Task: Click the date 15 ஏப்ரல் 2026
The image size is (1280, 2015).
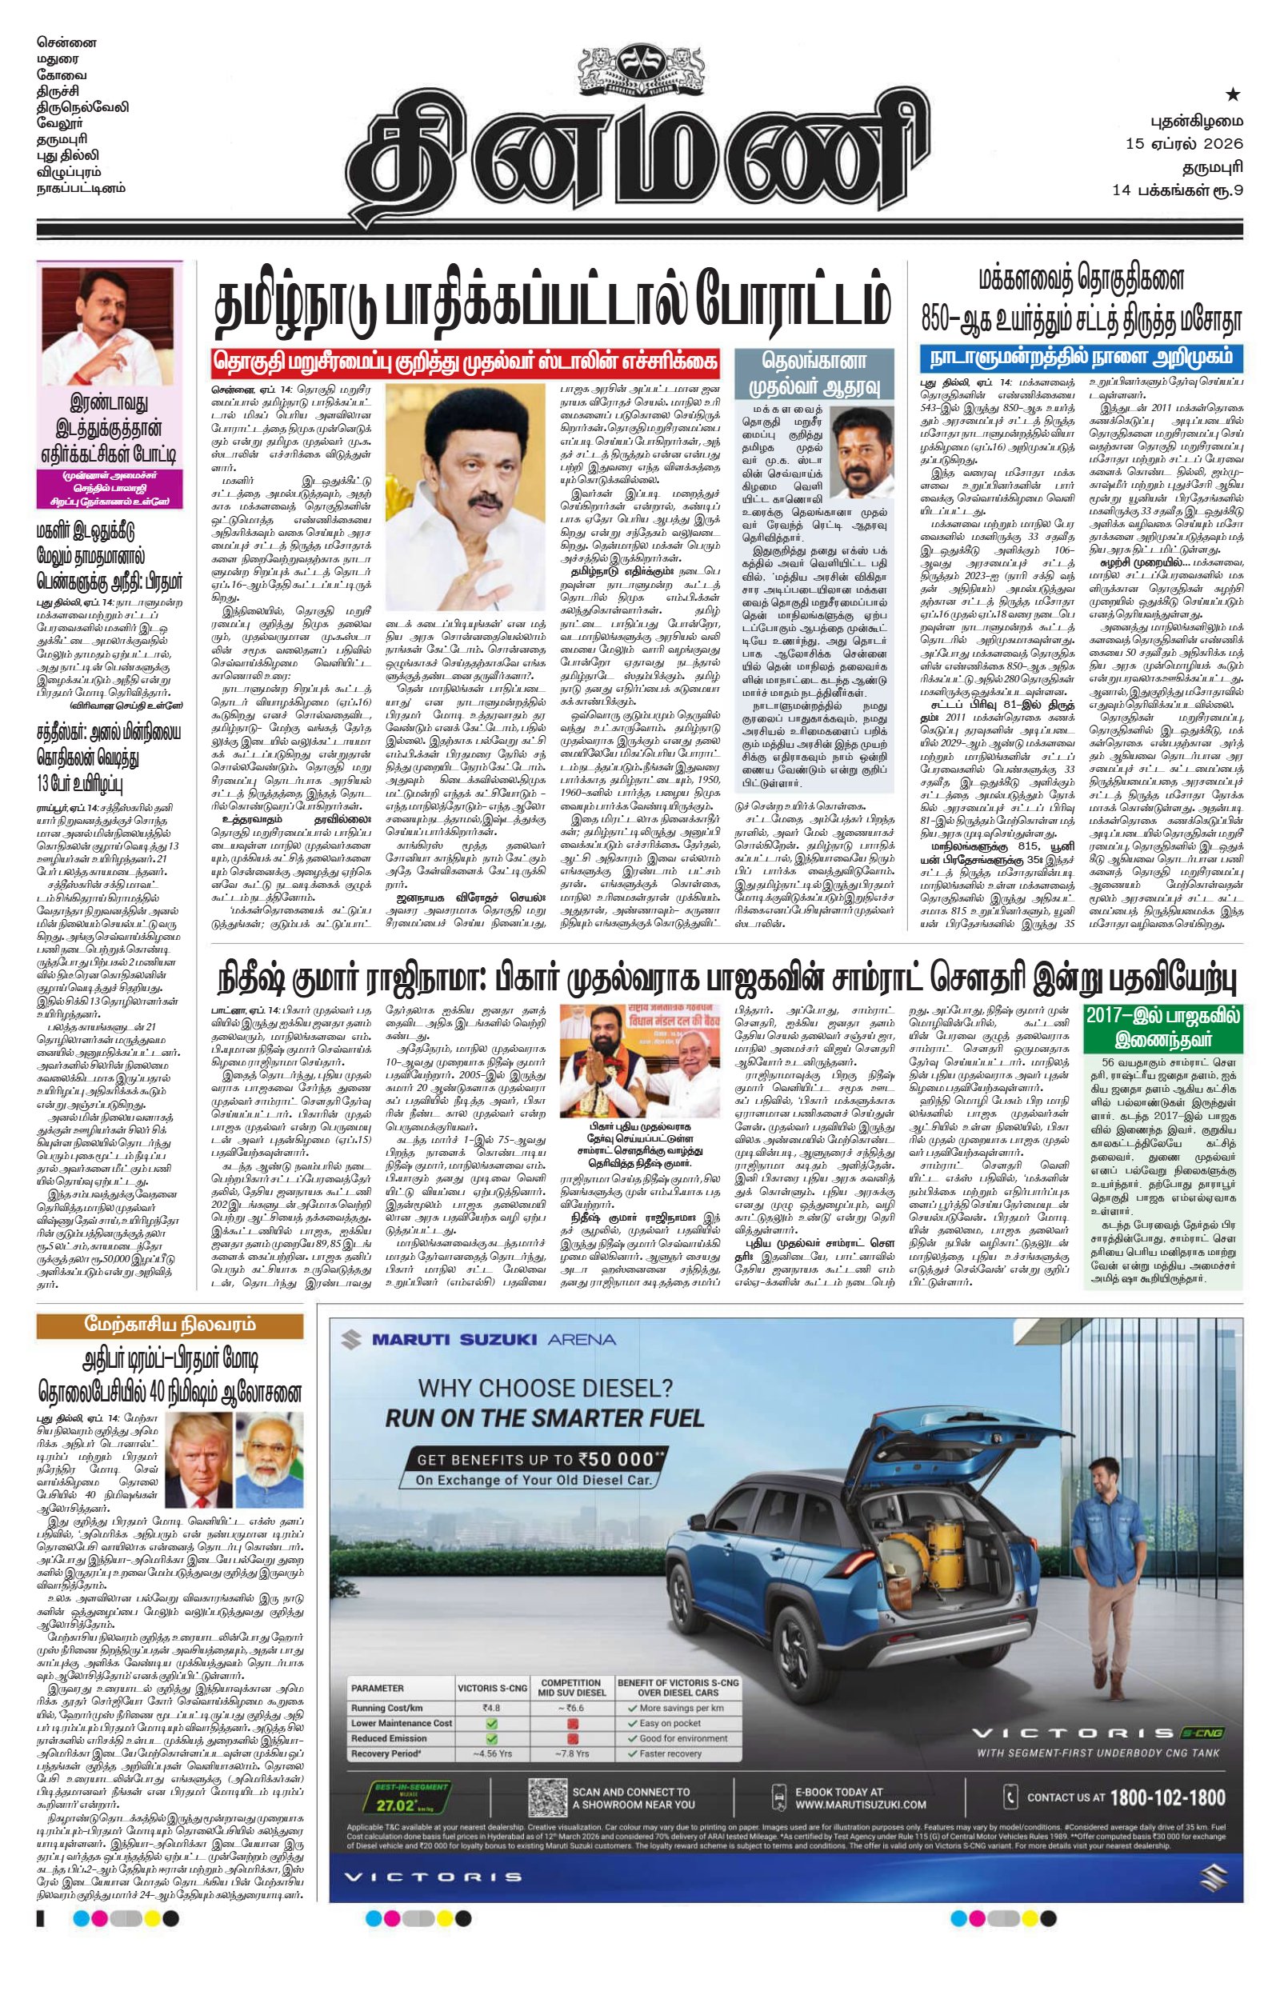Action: tap(1184, 143)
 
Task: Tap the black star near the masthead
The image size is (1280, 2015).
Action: tap(1232, 94)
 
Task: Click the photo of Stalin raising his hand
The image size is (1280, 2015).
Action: tap(466, 497)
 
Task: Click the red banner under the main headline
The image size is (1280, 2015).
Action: tap(465, 362)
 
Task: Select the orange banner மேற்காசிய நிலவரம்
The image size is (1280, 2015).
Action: tap(170, 1325)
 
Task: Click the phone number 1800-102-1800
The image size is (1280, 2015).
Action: tap(1167, 1797)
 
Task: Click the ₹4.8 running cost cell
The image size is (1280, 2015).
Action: tap(490, 1708)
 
